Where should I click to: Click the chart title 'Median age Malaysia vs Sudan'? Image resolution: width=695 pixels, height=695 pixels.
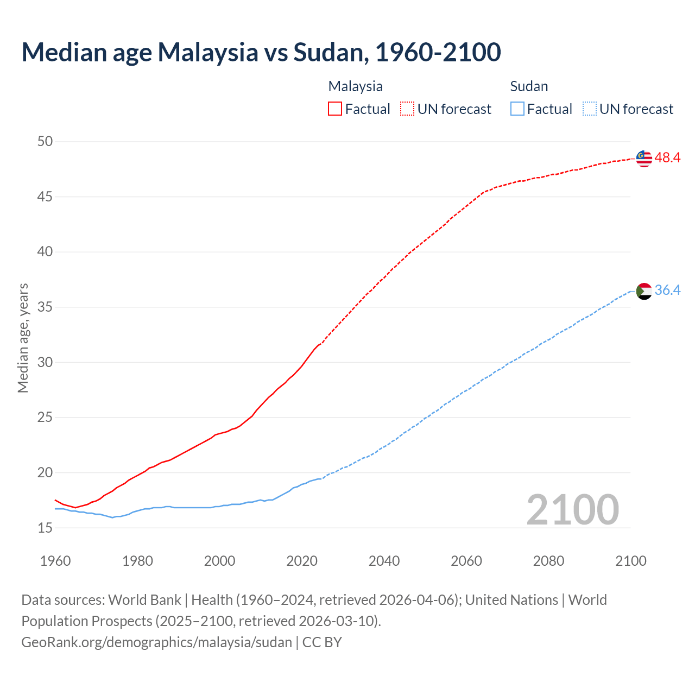[261, 52]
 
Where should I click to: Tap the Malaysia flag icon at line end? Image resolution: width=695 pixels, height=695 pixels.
[644, 158]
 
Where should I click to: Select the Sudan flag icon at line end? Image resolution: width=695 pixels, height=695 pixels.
[644, 291]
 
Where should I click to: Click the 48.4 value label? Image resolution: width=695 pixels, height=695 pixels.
[667, 158]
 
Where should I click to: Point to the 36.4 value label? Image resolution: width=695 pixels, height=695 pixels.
[667, 290]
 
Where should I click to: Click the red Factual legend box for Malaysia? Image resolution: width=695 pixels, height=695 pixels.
[335, 109]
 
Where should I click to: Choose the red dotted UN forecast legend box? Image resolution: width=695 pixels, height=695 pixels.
[407, 109]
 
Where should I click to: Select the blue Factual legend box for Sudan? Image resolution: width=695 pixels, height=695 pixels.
[517, 109]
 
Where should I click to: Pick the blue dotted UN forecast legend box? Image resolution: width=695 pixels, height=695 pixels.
[590, 109]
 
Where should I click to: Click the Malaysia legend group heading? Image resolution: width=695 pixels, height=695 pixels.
[355, 86]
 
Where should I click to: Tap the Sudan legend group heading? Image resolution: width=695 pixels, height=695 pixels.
[529, 86]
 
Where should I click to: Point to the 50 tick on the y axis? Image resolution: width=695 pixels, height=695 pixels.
[45, 142]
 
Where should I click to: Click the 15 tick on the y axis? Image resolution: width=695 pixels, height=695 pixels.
[45, 528]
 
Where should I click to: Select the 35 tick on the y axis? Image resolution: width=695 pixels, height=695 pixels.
[45, 307]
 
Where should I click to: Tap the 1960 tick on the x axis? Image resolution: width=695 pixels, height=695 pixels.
[55, 561]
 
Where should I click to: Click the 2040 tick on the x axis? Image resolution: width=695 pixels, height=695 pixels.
[384, 561]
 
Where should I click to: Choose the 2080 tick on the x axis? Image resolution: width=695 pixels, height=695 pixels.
[548, 561]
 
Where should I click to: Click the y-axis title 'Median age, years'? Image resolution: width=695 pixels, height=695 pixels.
[23, 338]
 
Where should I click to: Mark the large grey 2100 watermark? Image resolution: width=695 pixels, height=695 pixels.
[572, 510]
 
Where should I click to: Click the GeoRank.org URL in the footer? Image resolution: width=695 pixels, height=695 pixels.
[156, 642]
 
